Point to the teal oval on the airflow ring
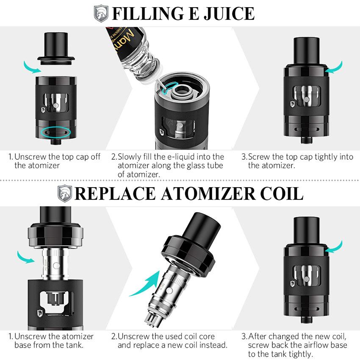coord(53,132)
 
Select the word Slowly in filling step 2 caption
coord(130,157)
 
